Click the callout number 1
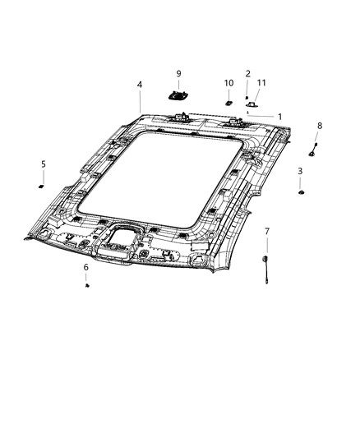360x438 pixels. point(280,117)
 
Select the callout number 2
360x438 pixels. point(247,74)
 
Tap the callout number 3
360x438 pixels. point(300,171)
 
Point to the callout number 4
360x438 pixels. point(140,85)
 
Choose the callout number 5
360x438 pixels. point(44,164)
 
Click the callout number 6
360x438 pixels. point(85,267)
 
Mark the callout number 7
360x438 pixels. point(266,232)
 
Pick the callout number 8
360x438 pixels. point(320,125)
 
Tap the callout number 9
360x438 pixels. point(178,74)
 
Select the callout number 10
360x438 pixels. point(228,83)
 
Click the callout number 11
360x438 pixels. point(261,83)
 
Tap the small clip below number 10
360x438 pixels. point(227,103)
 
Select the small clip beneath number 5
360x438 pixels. point(41,187)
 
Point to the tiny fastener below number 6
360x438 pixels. point(87,285)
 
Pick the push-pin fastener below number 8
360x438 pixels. point(313,151)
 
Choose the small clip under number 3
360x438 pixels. point(302,192)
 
